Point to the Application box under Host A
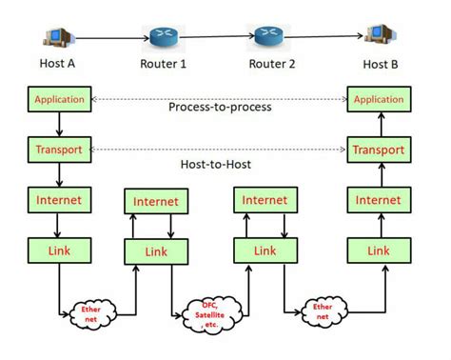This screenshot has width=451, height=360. tap(60, 99)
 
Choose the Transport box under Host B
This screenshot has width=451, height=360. tap(378, 150)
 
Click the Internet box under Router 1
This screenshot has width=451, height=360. tap(155, 202)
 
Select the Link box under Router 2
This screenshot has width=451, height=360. tap(265, 251)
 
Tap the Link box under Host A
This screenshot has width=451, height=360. tap(60, 250)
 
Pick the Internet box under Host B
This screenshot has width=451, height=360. tap(378, 200)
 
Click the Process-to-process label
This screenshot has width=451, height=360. tap(219, 107)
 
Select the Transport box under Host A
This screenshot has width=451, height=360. tap(60, 150)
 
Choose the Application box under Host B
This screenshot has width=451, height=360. tap(378, 99)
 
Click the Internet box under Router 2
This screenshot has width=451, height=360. tap(265, 201)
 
